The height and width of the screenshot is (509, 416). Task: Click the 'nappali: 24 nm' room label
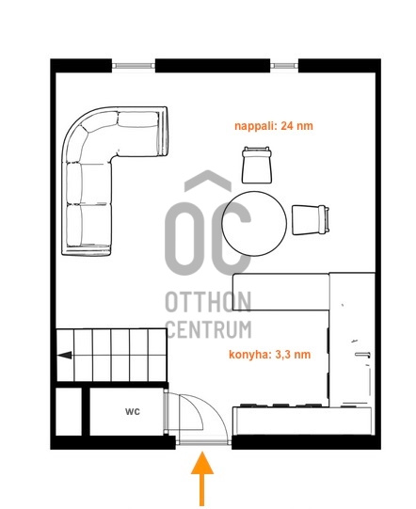click(274, 126)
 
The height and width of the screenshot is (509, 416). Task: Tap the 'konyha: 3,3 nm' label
click(270, 354)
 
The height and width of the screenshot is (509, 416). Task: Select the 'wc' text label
click(133, 411)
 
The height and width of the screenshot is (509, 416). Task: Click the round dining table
click(254, 224)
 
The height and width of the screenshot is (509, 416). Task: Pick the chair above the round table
click(257, 165)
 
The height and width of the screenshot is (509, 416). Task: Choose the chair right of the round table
click(311, 220)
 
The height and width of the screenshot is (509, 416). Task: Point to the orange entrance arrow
click(202, 478)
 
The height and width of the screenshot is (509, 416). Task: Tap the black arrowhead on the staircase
click(65, 355)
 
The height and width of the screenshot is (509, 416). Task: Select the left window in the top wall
click(134, 66)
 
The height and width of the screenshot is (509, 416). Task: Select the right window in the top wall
click(284, 66)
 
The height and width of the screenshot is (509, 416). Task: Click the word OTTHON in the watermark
click(208, 302)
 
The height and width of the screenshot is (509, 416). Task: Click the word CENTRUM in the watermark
click(209, 329)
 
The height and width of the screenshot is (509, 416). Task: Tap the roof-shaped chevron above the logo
click(208, 179)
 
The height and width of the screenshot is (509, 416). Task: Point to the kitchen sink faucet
click(363, 355)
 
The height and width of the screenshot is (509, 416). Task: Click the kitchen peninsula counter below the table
click(281, 293)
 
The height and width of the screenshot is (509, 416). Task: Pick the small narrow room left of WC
click(69, 411)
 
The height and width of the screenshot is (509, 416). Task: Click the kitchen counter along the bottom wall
click(302, 421)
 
